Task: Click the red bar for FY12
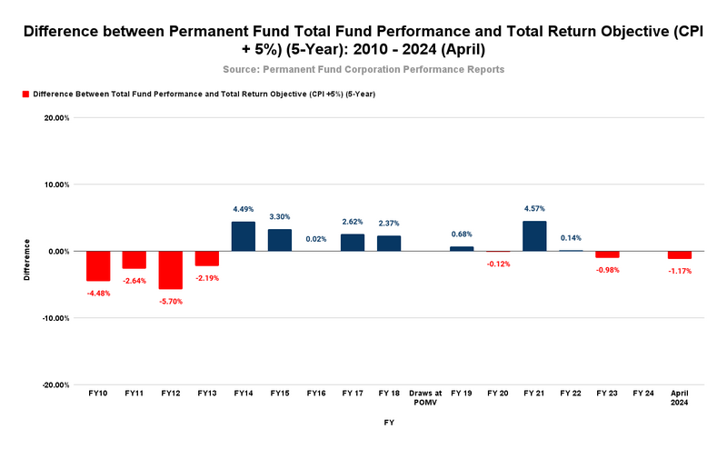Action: coord(170,270)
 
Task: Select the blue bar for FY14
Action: coord(243,236)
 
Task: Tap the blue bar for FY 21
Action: coord(534,236)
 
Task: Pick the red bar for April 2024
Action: coord(680,255)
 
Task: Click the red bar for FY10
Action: coord(97,266)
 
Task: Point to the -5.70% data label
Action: coord(170,301)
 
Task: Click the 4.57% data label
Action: coord(534,209)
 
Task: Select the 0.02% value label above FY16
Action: coord(315,239)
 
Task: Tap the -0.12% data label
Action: coord(498,264)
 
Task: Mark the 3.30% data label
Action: coord(279,217)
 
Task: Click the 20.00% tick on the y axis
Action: coord(57,117)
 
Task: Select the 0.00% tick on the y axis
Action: coord(59,252)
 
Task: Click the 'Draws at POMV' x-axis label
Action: coord(425,397)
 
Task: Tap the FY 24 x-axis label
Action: coord(643,393)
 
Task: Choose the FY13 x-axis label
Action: coord(206,393)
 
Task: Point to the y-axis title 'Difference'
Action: coord(27,260)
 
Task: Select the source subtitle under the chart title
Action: coord(363,69)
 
